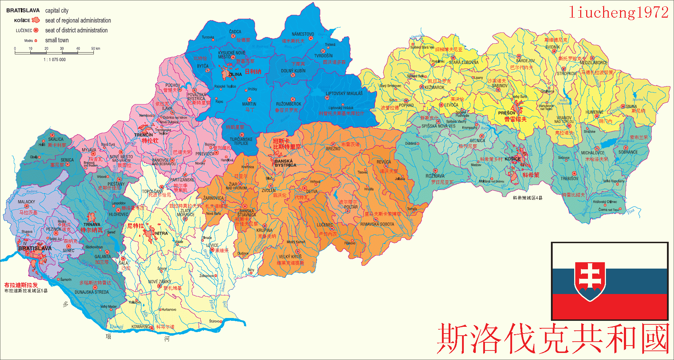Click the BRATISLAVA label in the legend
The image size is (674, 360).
[23, 11]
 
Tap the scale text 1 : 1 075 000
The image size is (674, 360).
[55, 60]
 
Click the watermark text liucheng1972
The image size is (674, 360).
[619, 12]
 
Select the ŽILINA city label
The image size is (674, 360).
[235, 74]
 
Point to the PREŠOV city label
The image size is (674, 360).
[506, 113]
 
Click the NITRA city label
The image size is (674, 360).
[161, 233]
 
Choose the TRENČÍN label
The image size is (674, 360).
[144, 135]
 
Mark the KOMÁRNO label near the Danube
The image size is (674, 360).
[140, 326]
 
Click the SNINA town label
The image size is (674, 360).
[631, 106]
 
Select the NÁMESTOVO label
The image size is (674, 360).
[303, 34]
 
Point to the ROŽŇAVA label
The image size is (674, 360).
[435, 176]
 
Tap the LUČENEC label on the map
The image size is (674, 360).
[324, 225]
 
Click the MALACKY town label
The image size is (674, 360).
[26, 202]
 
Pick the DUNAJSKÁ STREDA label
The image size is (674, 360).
[92, 292]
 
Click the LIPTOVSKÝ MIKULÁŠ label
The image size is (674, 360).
[344, 94]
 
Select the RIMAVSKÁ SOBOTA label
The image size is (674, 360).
[377, 224]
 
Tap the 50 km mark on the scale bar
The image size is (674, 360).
[96, 49]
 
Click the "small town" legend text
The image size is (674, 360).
[57, 40]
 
